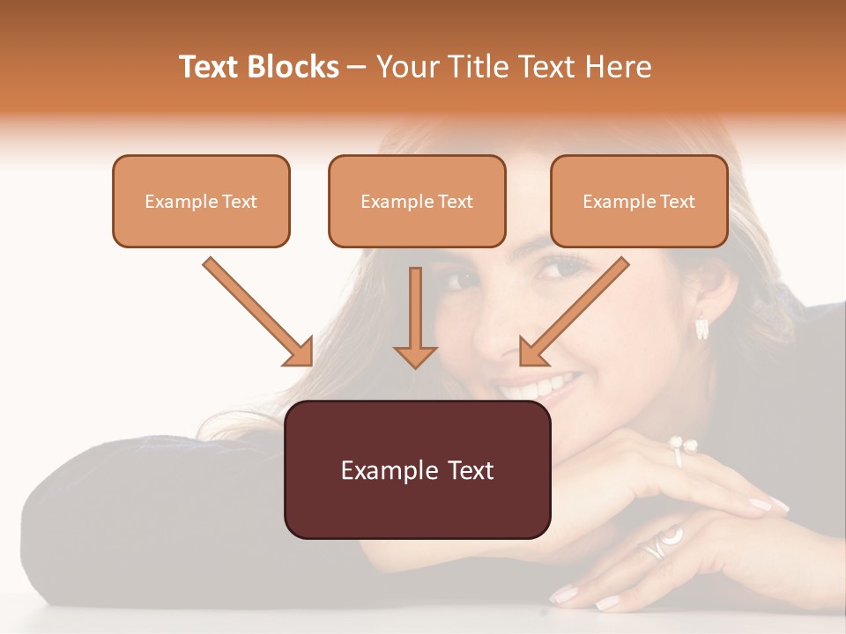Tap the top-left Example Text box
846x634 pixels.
coord(201,201)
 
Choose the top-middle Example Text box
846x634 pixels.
coord(417,201)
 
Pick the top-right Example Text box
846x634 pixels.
coord(639,201)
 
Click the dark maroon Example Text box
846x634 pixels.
coord(417,469)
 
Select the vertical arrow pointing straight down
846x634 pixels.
coord(415,317)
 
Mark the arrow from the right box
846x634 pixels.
coord(574,312)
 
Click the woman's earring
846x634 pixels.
coord(702,328)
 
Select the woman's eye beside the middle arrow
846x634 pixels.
coord(459,280)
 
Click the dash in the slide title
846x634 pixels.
coord(357,67)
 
